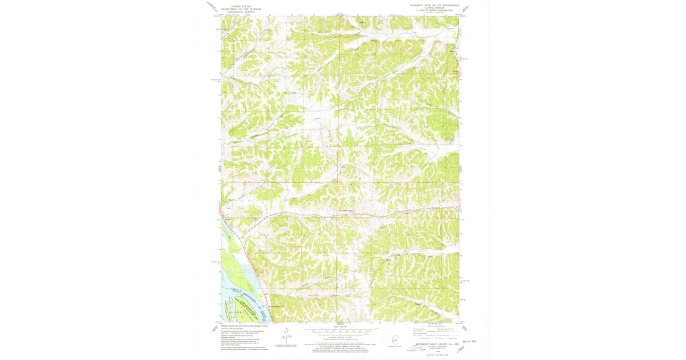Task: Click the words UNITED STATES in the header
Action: [x=241, y=6]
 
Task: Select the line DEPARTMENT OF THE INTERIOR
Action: [x=241, y=9]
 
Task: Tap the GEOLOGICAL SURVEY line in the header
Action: [x=241, y=12]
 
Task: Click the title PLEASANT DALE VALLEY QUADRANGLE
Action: [x=434, y=5]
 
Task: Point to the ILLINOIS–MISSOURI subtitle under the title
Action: [x=434, y=8]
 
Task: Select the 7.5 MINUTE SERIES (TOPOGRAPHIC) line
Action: [x=434, y=11]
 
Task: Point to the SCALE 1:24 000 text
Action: [x=340, y=326]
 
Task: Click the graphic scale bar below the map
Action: [x=340, y=331]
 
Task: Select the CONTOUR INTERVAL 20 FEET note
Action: [x=340, y=337]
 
